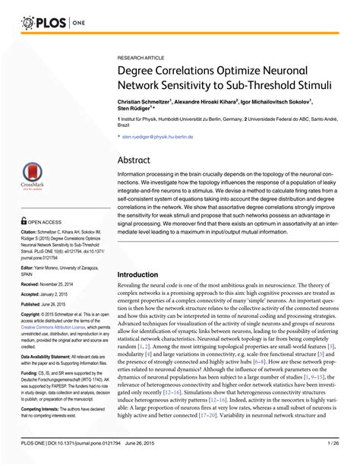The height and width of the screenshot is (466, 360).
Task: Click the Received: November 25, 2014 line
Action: (47, 282)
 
